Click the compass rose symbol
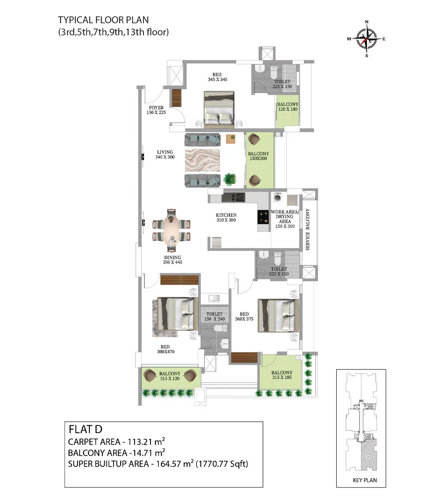[x=367, y=39]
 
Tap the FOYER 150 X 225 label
[x=156, y=110]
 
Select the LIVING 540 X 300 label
[x=165, y=155]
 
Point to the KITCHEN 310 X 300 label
[x=226, y=217]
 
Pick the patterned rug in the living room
[x=203, y=160]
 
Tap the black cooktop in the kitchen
[x=263, y=217]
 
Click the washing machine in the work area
[x=278, y=198]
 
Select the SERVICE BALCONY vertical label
[x=308, y=230]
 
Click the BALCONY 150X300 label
[x=258, y=156]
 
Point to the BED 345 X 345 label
[x=217, y=77]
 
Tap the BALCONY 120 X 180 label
[x=288, y=107]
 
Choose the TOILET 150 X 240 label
[x=214, y=316]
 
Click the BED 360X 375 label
[x=244, y=316]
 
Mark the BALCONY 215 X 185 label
[x=282, y=375]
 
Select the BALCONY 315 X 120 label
[x=170, y=376]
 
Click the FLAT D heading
[x=85, y=430]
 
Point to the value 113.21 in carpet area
[x=140, y=442]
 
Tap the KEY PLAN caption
[x=365, y=480]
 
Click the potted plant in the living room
[x=230, y=179]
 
